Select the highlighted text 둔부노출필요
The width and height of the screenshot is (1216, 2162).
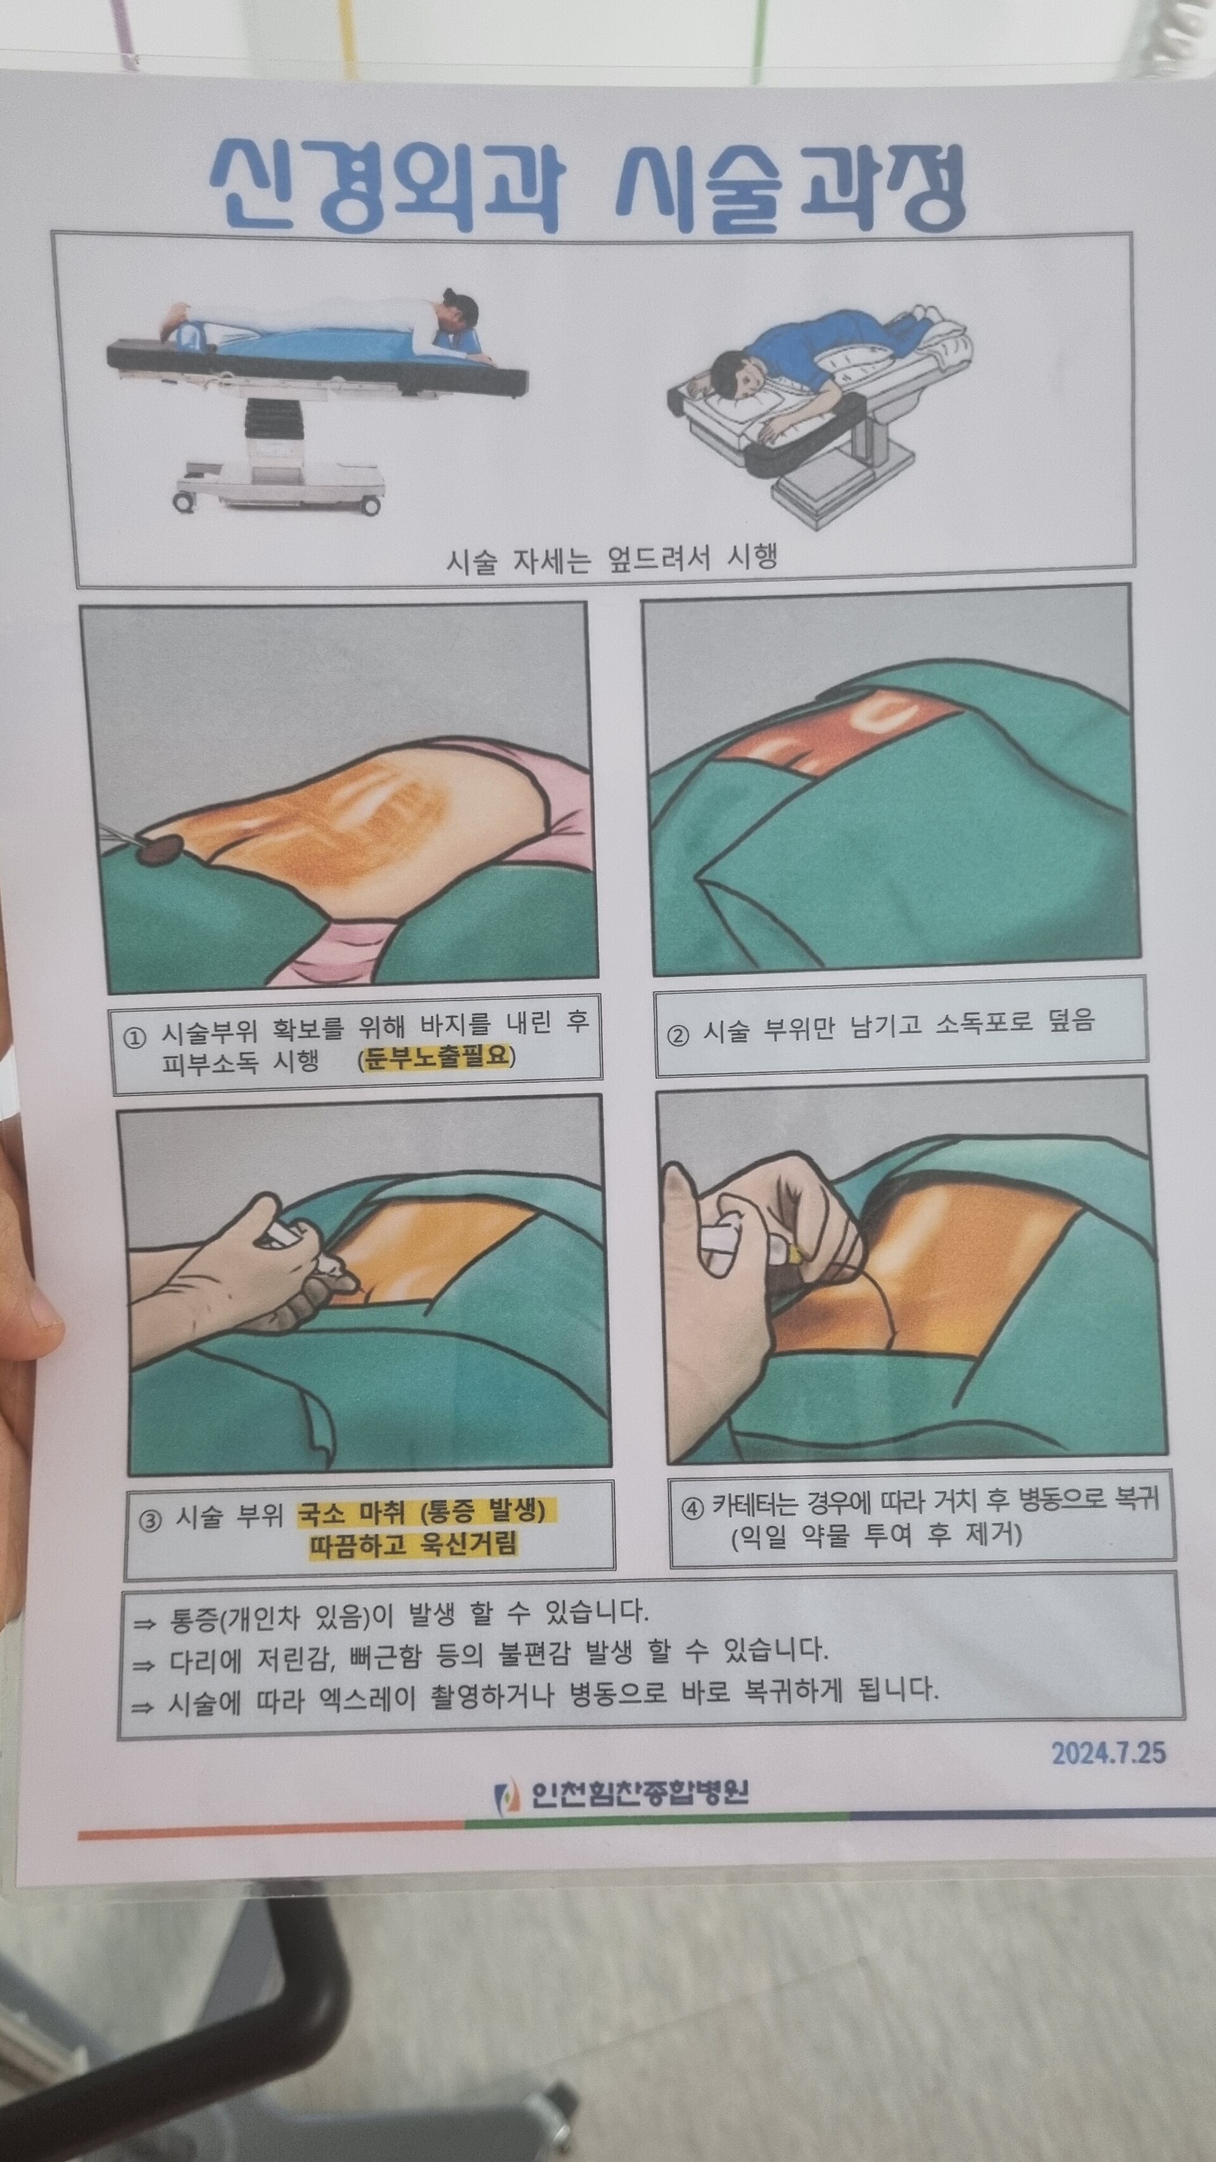click(436, 1056)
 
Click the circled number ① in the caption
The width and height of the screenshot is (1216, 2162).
click(135, 1038)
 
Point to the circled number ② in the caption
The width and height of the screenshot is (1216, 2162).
click(678, 1033)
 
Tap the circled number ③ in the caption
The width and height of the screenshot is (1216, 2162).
click(149, 1521)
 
